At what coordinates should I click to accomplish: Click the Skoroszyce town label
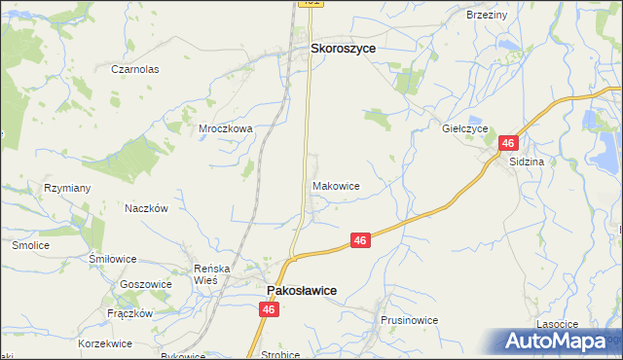point(343,47)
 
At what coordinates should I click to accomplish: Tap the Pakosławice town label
point(303,290)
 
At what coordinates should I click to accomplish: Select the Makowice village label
point(337,185)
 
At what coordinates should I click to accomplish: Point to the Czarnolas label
point(134,70)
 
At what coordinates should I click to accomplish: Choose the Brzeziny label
point(487,15)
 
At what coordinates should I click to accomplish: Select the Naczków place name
point(147,208)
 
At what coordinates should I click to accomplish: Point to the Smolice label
point(30,246)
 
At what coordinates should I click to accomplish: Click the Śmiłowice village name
point(112,260)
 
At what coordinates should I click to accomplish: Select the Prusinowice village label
point(410,320)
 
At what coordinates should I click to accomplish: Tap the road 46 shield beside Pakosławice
point(270,308)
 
